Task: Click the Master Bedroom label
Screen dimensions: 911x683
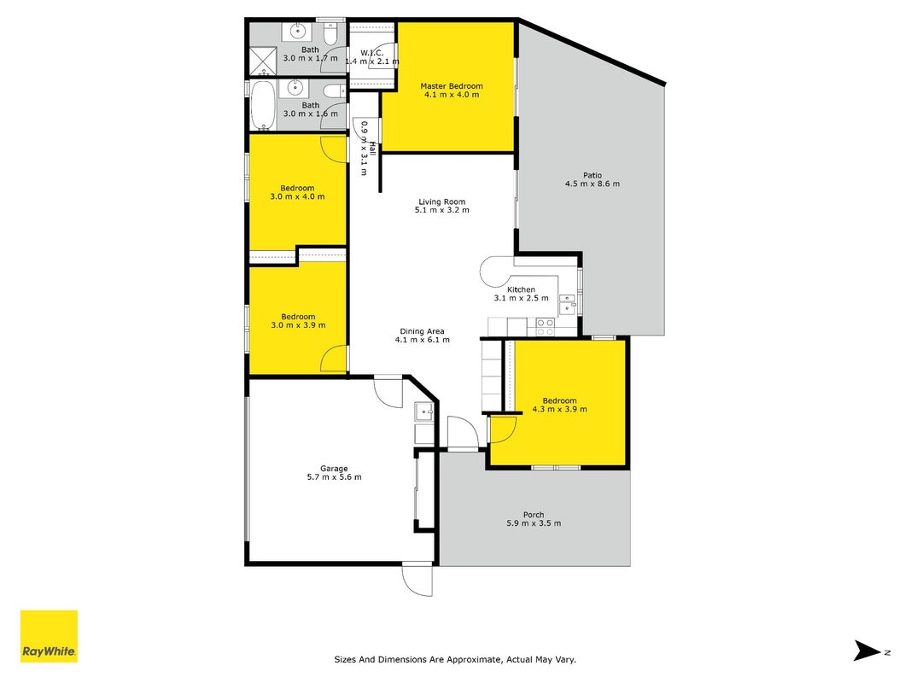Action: point(452,86)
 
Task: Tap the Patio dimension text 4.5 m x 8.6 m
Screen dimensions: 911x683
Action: point(592,184)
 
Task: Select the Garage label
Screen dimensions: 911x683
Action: point(334,469)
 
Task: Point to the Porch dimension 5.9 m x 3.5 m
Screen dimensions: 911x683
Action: point(534,522)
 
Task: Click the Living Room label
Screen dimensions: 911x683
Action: point(441,201)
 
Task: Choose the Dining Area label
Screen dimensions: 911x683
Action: point(422,331)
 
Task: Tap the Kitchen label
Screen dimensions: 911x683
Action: point(521,289)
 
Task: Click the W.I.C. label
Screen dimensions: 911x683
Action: point(372,53)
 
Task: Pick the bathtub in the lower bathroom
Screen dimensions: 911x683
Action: point(263,106)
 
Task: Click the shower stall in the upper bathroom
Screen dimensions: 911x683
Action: point(263,61)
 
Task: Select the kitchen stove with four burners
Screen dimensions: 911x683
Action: point(545,327)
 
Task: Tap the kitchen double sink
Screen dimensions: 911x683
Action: point(567,304)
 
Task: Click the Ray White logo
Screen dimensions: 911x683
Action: point(49,636)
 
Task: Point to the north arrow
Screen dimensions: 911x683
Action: point(867,651)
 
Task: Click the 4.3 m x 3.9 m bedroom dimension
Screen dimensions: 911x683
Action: point(559,409)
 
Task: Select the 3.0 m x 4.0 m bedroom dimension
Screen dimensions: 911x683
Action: point(297,196)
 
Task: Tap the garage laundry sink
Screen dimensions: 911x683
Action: point(423,412)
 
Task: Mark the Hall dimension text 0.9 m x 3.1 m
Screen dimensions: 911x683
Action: point(365,148)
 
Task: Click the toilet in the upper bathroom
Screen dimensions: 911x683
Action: point(330,33)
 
